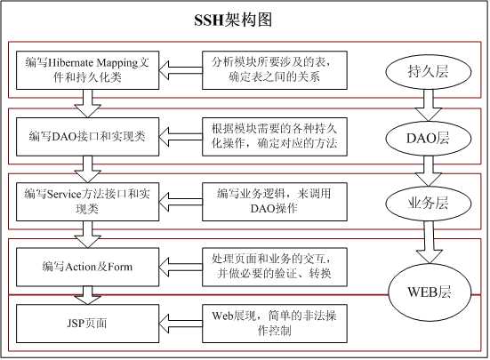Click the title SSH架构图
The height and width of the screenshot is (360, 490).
tap(245, 20)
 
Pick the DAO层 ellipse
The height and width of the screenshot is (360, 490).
tap(427, 137)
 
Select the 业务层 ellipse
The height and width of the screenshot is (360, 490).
tap(427, 203)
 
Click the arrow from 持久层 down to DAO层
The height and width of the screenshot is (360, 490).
tap(427, 105)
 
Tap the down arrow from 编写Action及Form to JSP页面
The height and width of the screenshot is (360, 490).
tap(88, 292)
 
